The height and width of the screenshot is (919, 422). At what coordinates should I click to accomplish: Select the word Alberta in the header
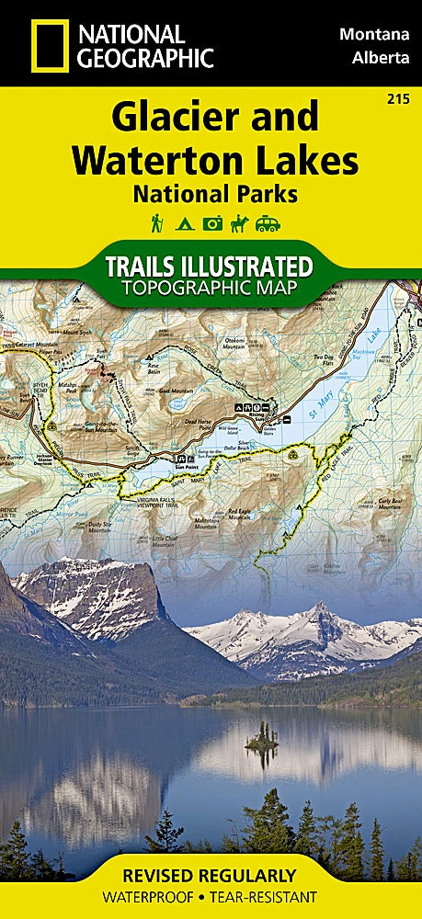click(380, 58)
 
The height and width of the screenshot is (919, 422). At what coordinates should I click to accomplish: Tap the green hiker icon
click(157, 223)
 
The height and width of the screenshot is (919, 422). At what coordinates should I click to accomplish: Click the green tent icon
click(184, 223)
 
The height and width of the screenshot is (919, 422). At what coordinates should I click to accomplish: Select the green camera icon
click(212, 223)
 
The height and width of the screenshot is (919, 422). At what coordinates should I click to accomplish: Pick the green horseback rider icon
click(240, 223)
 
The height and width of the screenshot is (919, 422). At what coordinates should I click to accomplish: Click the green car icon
click(268, 223)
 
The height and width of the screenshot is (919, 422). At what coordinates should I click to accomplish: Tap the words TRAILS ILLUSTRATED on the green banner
click(211, 267)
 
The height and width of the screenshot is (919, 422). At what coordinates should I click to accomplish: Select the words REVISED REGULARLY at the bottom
click(211, 875)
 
